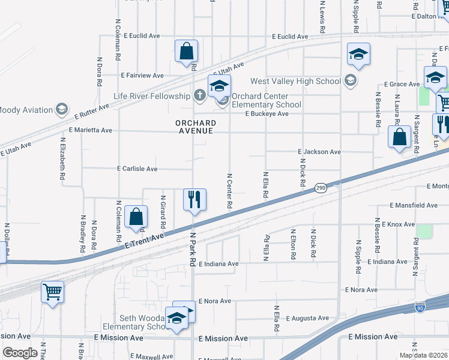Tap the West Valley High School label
(295, 81)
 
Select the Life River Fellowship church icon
(200, 95)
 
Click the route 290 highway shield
(319, 188)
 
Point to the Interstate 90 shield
(420, 308)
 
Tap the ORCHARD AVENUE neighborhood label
(196, 128)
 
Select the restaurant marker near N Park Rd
(194, 200)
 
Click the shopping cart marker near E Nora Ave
(53, 293)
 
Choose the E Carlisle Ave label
(137, 169)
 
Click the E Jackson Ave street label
(319, 152)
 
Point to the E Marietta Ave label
(91, 130)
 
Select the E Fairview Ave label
(142, 76)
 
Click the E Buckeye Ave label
(268, 114)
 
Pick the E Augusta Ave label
(307, 318)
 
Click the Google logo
(19, 353)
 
